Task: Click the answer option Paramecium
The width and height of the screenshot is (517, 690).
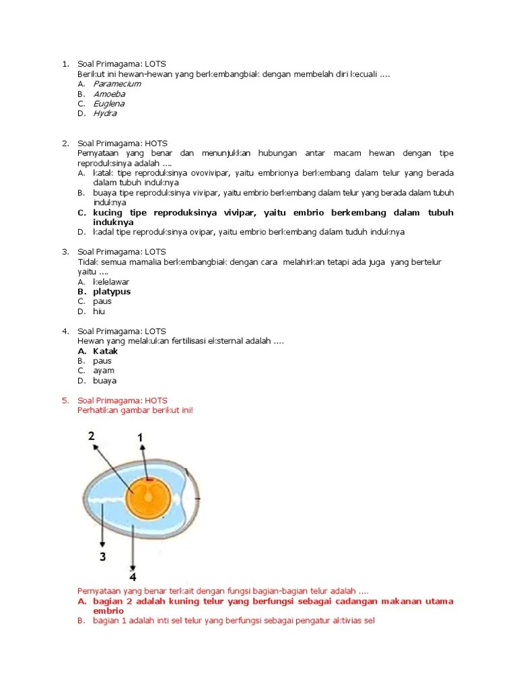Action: tap(116, 84)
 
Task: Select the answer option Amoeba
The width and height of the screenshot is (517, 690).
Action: tap(108, 94)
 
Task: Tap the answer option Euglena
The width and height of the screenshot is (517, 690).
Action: tap(108, 104)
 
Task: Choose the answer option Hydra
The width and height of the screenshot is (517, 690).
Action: tap(105, 113)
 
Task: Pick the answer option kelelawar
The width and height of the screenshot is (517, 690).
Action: tap(111, 282)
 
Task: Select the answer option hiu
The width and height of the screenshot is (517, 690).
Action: tap(99, 311)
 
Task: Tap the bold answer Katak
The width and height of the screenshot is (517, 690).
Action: tap(106, 351)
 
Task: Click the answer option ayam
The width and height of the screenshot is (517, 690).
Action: tap(104, 371)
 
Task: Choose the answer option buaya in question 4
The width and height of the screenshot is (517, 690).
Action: tap(105, 381)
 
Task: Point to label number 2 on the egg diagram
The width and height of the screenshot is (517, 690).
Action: tap(92, 436)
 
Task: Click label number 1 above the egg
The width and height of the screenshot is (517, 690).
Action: tap(140, 438)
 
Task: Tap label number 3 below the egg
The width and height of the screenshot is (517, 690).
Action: tap(102, 556)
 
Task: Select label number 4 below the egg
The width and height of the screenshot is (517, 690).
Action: tap(133, 577)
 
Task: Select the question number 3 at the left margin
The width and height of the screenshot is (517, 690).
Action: tap(65, 252)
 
